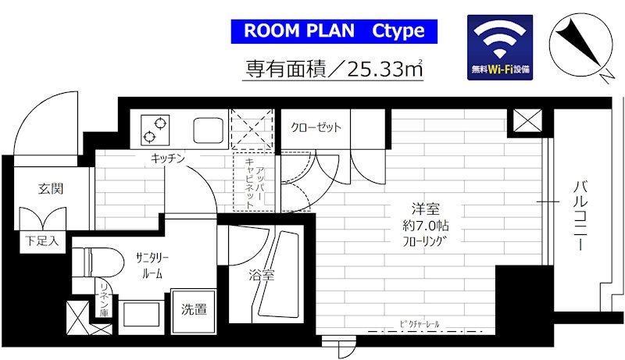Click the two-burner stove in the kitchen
coord(155,129)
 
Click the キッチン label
coord(168,159)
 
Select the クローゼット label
coord(316,128)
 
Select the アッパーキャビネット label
coord(255,180)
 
